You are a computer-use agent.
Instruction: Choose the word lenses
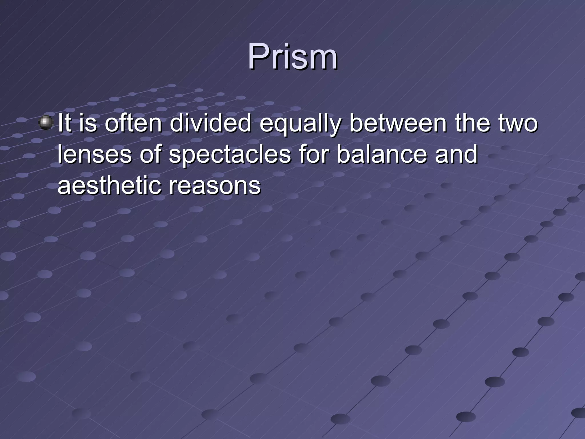click(95, 154)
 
